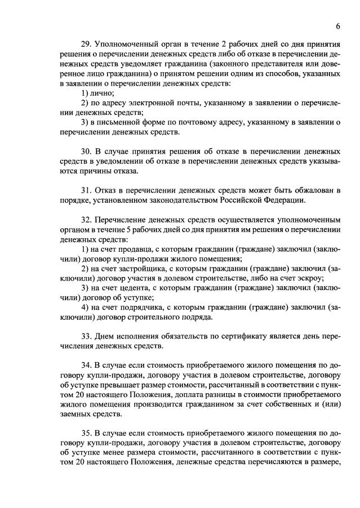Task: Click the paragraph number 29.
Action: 87,44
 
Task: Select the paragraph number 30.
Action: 87,152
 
